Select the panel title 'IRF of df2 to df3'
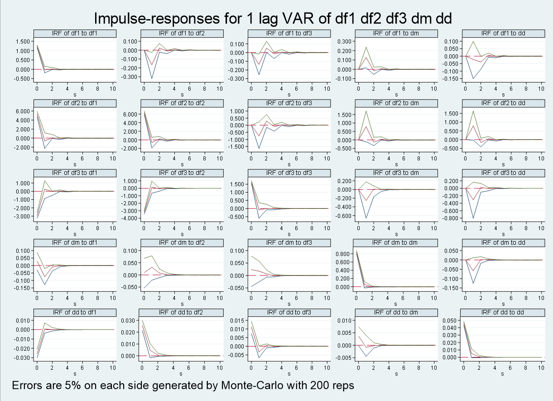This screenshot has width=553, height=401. click(x=289, y=103)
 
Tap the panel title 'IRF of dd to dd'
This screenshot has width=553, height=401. click(x=502, y=313)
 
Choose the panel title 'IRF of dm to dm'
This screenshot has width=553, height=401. click(x=395, y=243)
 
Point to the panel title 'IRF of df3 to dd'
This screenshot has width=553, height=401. click(x=502, y=173)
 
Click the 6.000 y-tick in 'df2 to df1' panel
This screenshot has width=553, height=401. click(x=23, y=111)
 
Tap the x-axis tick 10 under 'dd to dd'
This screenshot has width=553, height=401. click(x=541, y=366)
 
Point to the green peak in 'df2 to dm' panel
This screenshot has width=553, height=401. click(x=365, y=111)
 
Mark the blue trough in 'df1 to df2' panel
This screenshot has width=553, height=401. click(x=152, y=78)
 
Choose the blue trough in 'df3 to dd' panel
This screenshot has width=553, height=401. click(x=473, y=218)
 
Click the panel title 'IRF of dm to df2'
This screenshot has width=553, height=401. click(x=182, y=243)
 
